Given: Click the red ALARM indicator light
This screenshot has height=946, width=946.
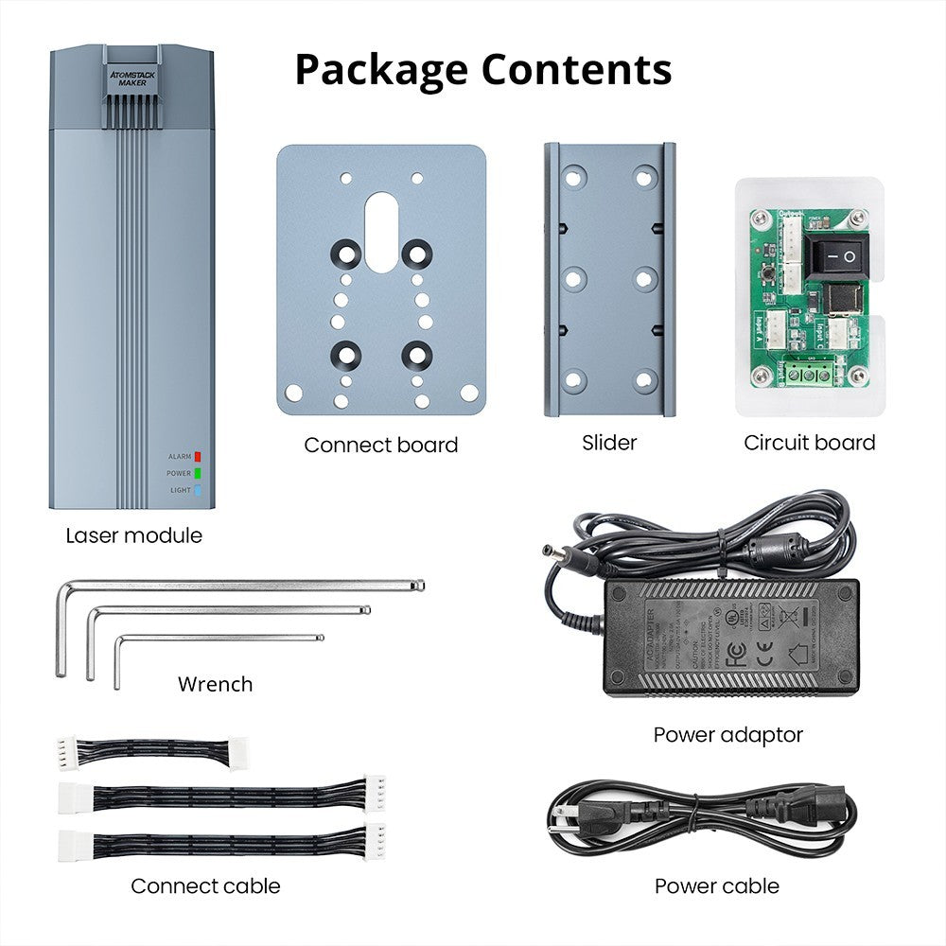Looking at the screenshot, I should click(x=198, y=456).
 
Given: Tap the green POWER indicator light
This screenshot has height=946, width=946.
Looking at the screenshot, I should click(x=198, y=473).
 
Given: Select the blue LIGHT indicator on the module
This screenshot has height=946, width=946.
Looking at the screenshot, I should click(x=198, y=490).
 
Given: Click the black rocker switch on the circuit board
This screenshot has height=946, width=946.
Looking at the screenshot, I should click(x=835, y=255).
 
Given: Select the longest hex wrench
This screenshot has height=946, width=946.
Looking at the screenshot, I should click(x=236, y=587).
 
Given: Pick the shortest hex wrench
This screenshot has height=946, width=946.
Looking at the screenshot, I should click(x=218, y=639).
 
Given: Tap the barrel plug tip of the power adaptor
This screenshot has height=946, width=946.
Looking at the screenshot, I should click(x=552, y=551).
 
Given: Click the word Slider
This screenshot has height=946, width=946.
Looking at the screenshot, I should click(x=609, y=442).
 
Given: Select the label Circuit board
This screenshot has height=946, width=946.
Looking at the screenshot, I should click(x=809, y=442).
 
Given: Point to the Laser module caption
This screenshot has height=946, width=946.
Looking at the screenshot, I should click(x=133, y=535).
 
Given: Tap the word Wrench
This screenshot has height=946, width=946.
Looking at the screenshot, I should click(x=215, y=684).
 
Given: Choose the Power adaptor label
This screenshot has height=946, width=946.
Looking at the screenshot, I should click(x=727, y=734).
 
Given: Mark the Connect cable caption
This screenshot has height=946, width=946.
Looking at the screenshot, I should click(x=205, y=886).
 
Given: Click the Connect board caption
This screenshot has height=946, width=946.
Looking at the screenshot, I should click(x=380, y=445).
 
